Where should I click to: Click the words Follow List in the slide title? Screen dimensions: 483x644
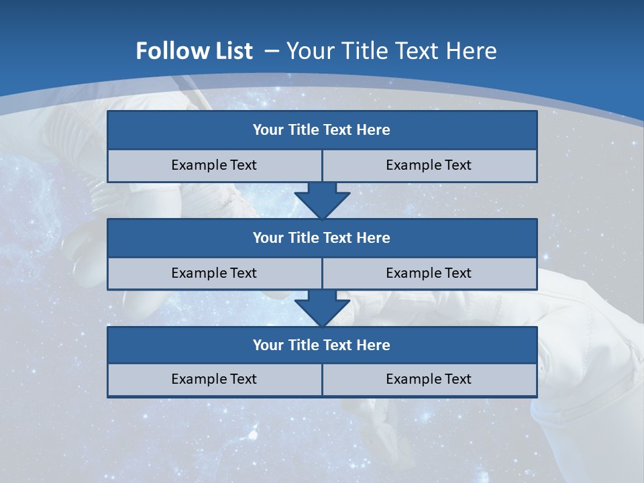194,51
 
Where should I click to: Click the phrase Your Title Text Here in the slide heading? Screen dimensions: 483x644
391,51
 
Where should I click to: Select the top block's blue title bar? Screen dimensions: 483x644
322,130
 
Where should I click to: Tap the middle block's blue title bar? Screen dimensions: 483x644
322,237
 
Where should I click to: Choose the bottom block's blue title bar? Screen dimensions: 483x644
322,345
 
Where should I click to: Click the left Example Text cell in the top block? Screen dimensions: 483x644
214,165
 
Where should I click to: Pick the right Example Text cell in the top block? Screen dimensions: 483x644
429,165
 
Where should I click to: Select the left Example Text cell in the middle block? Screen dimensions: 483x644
214,273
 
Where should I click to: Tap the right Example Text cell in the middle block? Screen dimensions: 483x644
429,273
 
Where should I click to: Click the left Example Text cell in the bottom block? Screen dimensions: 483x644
214,379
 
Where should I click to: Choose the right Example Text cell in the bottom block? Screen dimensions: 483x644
429,379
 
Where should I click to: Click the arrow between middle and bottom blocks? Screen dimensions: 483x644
322,308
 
